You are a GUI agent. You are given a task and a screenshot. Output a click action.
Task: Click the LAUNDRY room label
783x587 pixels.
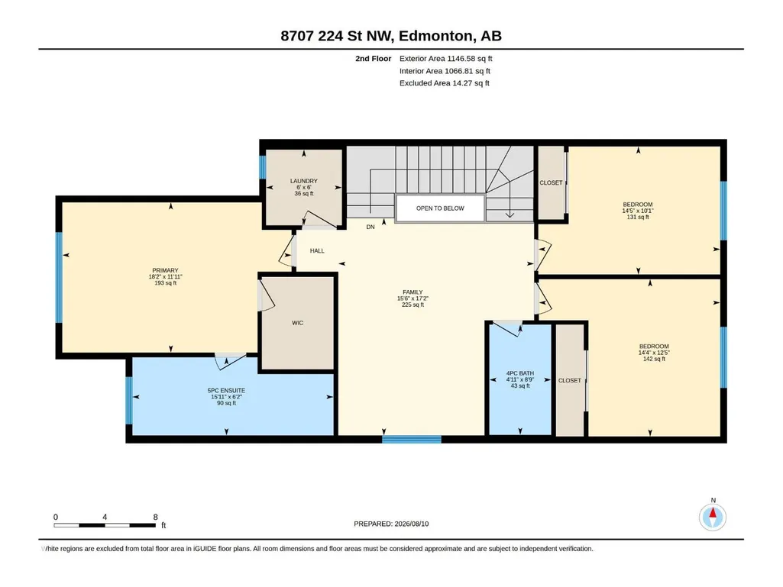(303, 181)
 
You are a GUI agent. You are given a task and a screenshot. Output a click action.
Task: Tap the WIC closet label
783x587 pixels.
(298, 323)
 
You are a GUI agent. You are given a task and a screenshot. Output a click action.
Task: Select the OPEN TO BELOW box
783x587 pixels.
(440, 208)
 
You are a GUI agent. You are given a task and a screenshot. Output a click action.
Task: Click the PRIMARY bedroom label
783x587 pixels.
(165, 270)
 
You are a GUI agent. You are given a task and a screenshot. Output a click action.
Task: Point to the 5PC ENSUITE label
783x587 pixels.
(226, 391)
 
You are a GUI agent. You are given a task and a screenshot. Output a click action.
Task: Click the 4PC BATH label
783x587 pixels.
(520, 373)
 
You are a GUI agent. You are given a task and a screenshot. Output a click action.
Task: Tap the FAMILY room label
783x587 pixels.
(413, 292)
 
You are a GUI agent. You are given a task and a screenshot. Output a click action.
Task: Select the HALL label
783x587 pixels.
(317, 251)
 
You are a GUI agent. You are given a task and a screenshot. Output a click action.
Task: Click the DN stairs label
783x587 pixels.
(370, 227)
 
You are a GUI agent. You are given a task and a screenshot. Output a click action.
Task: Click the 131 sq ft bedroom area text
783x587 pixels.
(638, 217)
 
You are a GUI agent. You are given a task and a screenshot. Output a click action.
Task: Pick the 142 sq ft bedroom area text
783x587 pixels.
(654, 359)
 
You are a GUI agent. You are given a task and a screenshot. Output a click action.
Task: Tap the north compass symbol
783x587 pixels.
(713, 517)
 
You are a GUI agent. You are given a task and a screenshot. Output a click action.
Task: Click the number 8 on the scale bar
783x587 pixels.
(156, 517)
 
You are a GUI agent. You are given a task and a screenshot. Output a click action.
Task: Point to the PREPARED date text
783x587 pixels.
(391, 524)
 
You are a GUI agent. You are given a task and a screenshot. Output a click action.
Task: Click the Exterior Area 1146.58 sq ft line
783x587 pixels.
(446, 59)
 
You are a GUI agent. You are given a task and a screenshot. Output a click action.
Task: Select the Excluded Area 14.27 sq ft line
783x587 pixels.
(445, 83)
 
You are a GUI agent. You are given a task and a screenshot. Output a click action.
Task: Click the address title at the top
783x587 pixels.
(391, 36)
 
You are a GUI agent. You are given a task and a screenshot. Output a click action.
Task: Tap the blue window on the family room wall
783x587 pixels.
(412, 439)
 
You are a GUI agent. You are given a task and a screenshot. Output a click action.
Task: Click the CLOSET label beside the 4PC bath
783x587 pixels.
(570, 380)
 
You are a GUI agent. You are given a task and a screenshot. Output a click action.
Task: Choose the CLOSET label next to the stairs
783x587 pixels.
(551, 182)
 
